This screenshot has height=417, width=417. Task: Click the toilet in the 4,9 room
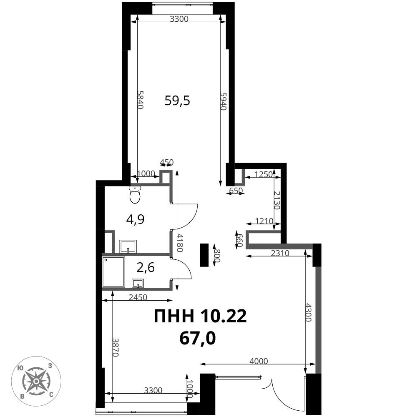pos(135,194)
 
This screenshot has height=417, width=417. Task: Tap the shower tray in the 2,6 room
pos(113,271)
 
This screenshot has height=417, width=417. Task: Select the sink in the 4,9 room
pos(128,246)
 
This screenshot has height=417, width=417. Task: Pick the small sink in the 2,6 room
pos(138,284)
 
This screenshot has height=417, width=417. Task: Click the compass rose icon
pos(36,381)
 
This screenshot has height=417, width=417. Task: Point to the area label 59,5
pos(177,101)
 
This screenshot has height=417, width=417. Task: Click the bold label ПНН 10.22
pos(200,316)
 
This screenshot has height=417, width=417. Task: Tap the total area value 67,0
pos(198,339)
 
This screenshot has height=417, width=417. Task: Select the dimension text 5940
pos(223,101)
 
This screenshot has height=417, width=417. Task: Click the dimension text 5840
pos(140,100)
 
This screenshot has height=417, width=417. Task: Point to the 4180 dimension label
pos(180,243)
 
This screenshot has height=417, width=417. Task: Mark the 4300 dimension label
pos(308,312)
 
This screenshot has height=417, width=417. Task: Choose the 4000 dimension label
pos(259,361)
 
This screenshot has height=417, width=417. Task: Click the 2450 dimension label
pos(138,297)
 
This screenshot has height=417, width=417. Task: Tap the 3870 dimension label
pos(116,347)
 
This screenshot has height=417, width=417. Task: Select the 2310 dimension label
pos(280,253)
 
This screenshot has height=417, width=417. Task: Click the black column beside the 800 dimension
pos(204,255)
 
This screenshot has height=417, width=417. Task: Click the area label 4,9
pos(136,220)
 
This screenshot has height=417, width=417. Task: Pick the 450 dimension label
pos(166,162)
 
